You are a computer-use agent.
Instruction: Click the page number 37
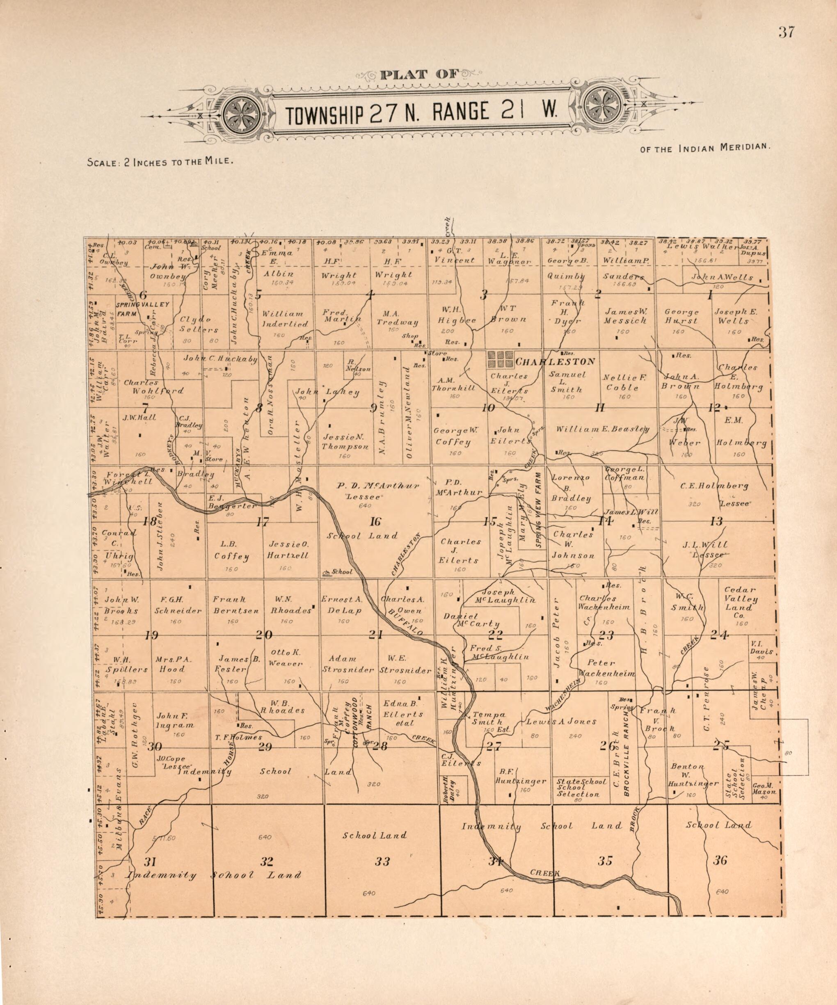pyautogui.click(x=786, y=32)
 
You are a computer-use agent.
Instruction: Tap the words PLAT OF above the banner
pyautogui.click(x=419, y=75)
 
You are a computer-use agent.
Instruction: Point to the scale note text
pyautogui.click(x=160, y=162)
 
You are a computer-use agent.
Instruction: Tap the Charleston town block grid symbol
pyautogui.click(x=500, y=359)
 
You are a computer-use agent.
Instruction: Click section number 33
pyautogui.click(x=382, y=861)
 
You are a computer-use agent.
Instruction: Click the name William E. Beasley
pyautogui.click(x=602, y=429)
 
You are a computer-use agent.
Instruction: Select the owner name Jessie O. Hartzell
pyautogui.click(x=288, y=550)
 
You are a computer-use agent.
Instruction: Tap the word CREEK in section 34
pyautogui.click(x=544, y=873)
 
